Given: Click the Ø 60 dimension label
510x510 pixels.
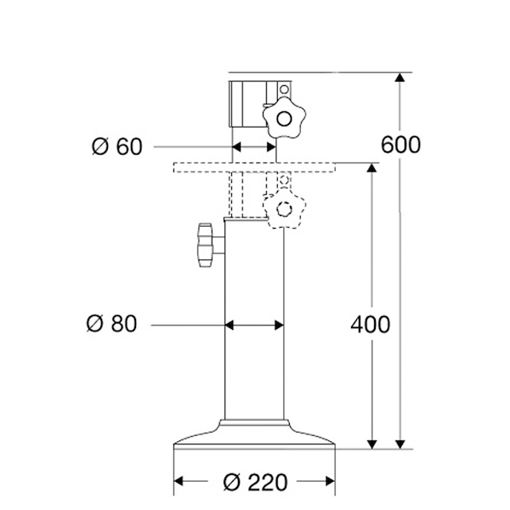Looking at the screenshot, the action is coord(117,146).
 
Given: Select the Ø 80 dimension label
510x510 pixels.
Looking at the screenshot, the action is coord(112,324).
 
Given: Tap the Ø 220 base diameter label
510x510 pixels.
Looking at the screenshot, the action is coord(256,482).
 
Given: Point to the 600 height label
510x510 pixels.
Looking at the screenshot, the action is coord(400,144).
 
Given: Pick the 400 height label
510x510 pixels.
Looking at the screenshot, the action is coord(371,325).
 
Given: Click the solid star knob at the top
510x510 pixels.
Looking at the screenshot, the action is coord(284,118).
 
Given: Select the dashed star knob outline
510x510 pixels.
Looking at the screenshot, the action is coord(284,209).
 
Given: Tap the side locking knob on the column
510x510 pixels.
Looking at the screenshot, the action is coord(205,245).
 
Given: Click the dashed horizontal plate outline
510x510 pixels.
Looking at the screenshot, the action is coord(254,167).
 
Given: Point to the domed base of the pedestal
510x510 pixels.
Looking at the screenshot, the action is coord(254,434).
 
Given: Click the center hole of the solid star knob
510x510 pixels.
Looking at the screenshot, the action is coord(284,119).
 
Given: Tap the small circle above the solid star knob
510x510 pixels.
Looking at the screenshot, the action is coord(284,89).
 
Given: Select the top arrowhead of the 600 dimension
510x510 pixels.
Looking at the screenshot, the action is coord(400,77).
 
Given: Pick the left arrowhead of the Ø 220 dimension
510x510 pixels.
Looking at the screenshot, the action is coord(178,481).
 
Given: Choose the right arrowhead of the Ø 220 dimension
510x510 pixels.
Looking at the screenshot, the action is coord(330,481).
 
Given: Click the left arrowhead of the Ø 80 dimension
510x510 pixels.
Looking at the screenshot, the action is coord(229,325).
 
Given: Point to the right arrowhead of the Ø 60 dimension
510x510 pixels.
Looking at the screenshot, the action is coord(271,147).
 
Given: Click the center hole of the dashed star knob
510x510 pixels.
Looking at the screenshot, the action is coord(284,209).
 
